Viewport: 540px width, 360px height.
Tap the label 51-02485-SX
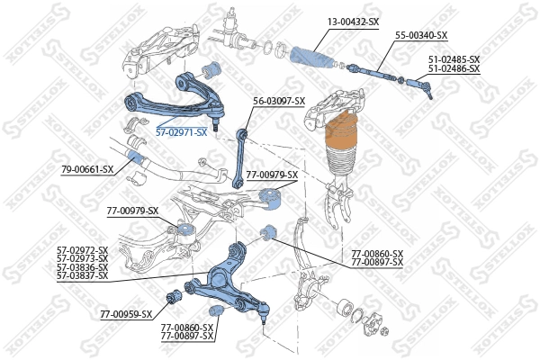[x=454, y=59]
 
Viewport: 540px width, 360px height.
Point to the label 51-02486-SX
[x=454, y=68]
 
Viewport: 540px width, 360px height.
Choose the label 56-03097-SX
[x=279, y=101]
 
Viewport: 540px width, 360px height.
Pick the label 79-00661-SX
[x=87, y=169]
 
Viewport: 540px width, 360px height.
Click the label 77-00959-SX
[x=126, y=315]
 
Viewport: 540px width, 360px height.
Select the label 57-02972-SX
[x=82, y=249]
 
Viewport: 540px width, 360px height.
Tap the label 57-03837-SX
[x=82, y=275]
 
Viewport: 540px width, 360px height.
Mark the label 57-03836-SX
[x=82, y=267]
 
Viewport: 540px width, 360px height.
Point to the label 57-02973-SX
[x=82, y=258]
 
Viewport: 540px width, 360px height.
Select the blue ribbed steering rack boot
[x=311, y=55]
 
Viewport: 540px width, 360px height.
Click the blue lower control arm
[x=225, y=279]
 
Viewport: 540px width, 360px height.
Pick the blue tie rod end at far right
[x=420, y=86]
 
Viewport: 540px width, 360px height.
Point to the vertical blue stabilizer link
[x=240, y=157]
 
